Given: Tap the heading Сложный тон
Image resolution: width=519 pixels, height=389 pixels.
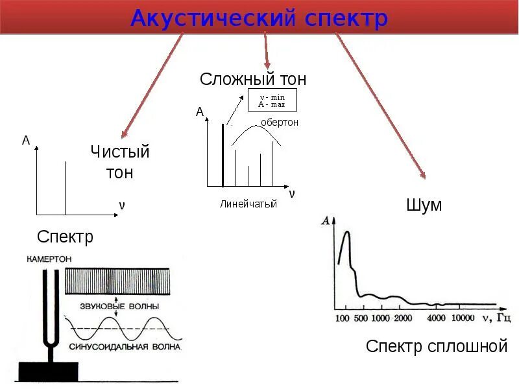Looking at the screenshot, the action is click(253, 80).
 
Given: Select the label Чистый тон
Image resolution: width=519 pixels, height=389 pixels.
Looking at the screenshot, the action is click(120, 162).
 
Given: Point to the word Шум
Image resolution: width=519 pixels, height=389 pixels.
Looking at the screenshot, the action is click(424, 206).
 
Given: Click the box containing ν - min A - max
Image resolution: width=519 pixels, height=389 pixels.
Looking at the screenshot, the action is click(272, 100).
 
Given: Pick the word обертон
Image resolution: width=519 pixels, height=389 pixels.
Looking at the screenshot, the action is click(280, 122).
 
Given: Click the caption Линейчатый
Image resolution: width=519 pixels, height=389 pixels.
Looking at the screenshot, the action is click(248, 204).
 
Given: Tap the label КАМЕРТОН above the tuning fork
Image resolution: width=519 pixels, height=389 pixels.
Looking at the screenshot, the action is click(49, 258).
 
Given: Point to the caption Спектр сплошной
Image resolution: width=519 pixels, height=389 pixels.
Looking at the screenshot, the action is click(436, 346).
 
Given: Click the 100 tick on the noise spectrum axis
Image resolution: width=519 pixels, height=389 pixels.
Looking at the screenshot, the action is click(342, 318).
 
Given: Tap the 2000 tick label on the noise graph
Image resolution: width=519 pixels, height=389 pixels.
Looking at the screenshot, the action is click(402, 318).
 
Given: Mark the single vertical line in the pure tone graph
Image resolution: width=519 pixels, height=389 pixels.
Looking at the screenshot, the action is click(66, 188).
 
